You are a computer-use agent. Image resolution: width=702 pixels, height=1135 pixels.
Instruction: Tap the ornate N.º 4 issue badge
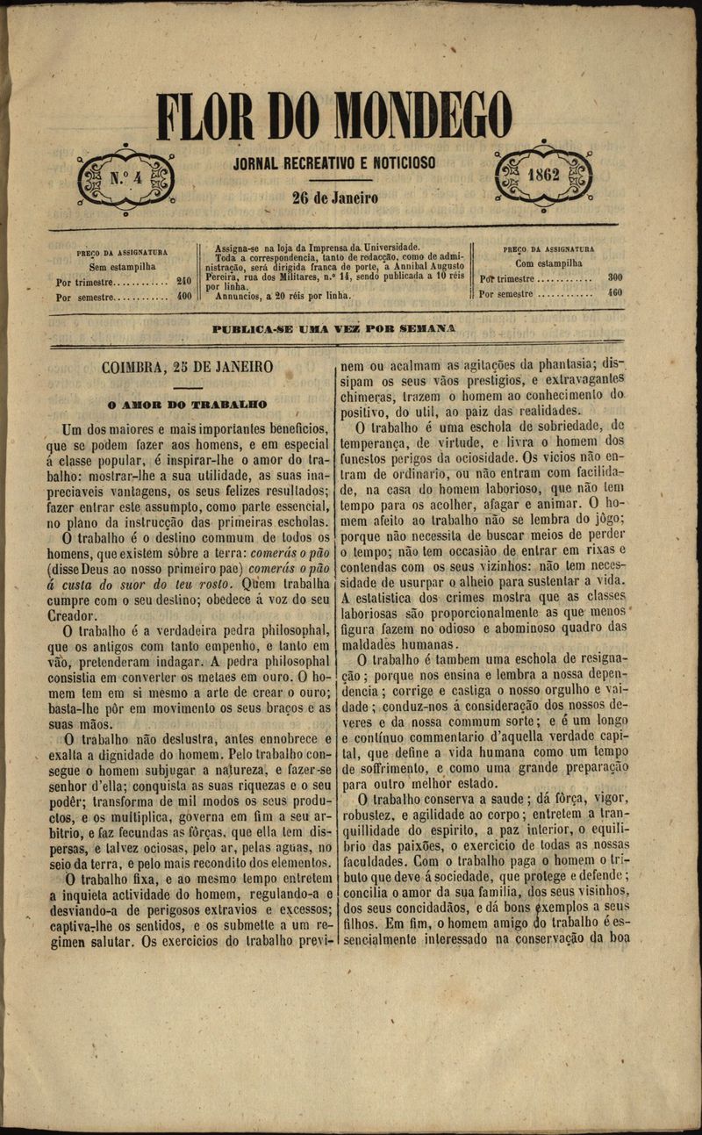point(125,179)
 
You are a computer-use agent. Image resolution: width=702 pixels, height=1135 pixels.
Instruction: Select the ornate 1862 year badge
point(544,175)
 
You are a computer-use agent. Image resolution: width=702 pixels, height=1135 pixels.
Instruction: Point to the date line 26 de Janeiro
point(334,198)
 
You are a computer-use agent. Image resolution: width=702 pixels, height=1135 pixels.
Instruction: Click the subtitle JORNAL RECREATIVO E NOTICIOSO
point(334,163)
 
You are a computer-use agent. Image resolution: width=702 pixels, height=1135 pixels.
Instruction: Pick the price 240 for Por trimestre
point(183,282)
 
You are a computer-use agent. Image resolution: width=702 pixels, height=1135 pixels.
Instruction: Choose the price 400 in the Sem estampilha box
point(183,297)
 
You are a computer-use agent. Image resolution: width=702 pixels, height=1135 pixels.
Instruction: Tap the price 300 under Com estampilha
point(615,277)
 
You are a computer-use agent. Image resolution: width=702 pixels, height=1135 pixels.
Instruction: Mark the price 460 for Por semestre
point(615,292)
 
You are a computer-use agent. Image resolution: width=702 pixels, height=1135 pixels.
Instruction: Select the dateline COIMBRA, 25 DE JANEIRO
point(187,367)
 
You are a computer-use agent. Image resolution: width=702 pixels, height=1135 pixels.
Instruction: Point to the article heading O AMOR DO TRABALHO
point(187,405)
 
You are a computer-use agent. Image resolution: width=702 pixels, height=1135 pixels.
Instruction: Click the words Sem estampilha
point(122,266)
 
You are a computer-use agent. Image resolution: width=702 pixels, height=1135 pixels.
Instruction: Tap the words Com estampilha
point(548,262)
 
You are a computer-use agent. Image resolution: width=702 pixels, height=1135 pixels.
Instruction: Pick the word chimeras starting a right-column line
point(369,396)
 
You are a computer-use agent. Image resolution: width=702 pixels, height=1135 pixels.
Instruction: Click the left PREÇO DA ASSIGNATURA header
point(122,253)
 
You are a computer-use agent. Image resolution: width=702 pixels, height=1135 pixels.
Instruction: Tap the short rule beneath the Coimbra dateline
point(187,387)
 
